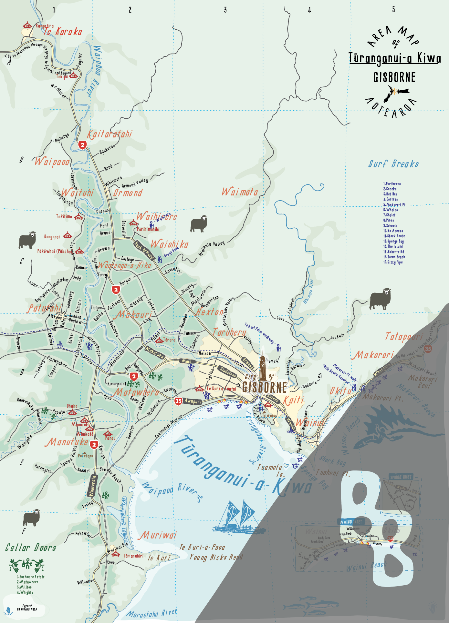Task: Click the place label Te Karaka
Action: point(63,32)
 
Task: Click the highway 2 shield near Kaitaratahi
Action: point(83,145)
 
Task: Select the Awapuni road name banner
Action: point(193,401)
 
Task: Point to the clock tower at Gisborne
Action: point(262,368)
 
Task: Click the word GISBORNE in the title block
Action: point(394,77)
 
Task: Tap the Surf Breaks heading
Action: point(393,164)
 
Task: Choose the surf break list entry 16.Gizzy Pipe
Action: point(393,262)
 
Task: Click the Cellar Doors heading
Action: point(31,548)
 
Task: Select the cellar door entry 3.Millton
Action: point(24,587)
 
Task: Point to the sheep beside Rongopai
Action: point(27,240)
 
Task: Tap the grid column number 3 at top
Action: point(225,10)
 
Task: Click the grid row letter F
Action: point(24,531)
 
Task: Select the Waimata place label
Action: point(240,192)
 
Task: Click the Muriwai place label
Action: point(158,536)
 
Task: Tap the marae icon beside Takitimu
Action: point(78,217)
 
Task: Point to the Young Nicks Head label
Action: point(216,557)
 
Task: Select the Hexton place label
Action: point(210,312)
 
